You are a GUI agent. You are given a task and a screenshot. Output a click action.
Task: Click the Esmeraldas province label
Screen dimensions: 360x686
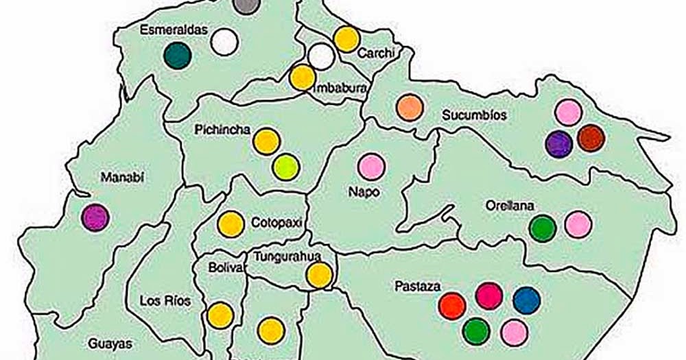[169, 29]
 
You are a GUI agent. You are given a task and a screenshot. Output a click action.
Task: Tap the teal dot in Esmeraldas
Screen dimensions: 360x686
[178, 56]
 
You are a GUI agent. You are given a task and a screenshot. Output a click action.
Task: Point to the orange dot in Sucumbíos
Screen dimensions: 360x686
[410, 108]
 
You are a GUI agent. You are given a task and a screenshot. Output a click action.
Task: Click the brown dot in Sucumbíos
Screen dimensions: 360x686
[591, 138]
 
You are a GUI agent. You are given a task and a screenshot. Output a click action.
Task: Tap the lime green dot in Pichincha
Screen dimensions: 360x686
[285, 167]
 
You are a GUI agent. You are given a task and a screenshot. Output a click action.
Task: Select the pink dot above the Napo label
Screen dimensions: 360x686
[371, 167]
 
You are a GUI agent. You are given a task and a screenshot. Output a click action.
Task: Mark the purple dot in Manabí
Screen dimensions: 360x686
[95, 217]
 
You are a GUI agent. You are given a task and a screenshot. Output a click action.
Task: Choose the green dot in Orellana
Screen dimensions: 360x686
[543, 228]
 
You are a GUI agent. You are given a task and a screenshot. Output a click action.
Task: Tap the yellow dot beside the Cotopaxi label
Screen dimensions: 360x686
[230, 224]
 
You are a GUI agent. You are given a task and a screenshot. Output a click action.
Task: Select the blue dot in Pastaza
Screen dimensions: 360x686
[526, 300]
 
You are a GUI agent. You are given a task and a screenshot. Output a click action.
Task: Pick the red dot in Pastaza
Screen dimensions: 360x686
[452, 305]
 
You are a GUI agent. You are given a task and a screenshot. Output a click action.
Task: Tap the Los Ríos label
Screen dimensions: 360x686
[165, 300]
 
